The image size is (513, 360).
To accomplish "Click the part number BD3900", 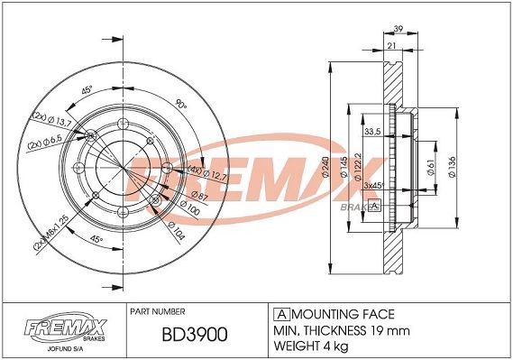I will [x=194, y=335].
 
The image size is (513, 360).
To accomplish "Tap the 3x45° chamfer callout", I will [x=373, y=184].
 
